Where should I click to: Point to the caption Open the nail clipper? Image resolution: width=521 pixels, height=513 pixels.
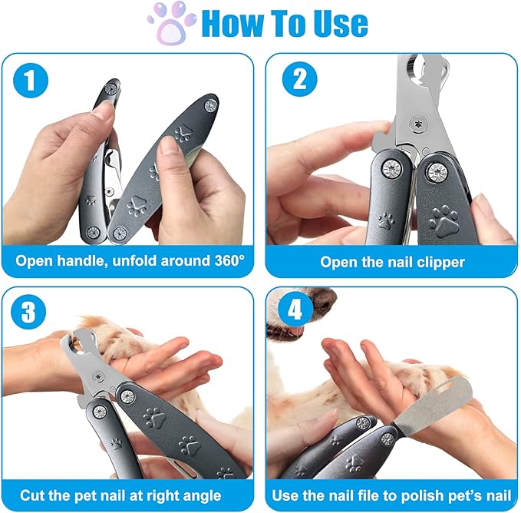[392, 262]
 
